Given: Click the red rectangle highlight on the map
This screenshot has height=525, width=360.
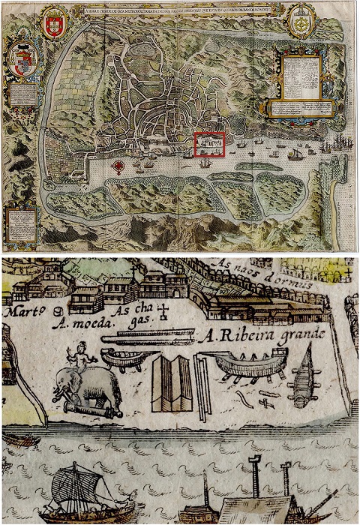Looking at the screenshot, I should tap(209, 143).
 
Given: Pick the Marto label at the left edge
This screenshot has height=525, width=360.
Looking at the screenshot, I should tap(22, 310).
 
